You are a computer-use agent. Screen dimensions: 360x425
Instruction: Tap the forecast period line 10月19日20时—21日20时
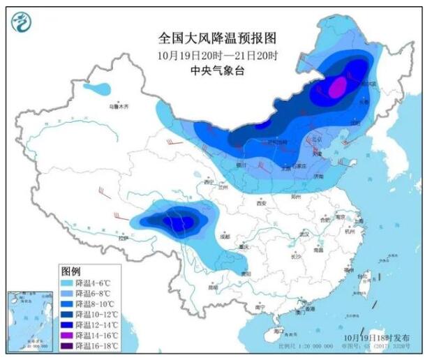pos(217,54)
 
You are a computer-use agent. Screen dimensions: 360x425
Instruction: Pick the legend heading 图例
pos(70,270)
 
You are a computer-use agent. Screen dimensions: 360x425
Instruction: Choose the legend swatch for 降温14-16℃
pos(68,336)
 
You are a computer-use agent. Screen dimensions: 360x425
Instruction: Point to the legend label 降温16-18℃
pos(98,346)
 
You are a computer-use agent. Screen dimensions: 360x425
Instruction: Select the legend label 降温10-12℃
pos(98,314)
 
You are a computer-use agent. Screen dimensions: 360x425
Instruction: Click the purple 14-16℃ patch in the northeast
pos(338,88)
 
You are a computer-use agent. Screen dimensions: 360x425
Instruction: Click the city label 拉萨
pos(124,239)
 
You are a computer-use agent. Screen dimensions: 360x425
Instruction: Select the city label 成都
pos(224,237)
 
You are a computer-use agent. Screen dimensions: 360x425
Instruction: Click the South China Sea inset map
pos(29,321)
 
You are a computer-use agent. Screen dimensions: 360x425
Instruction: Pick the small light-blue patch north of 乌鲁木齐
pos(98,89)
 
